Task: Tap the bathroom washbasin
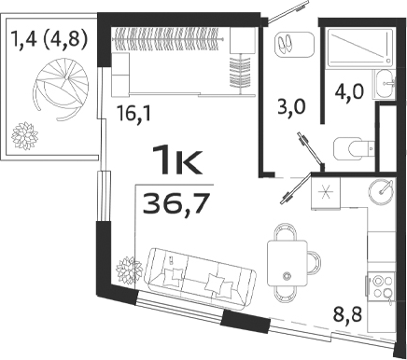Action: tap(386, 84)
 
